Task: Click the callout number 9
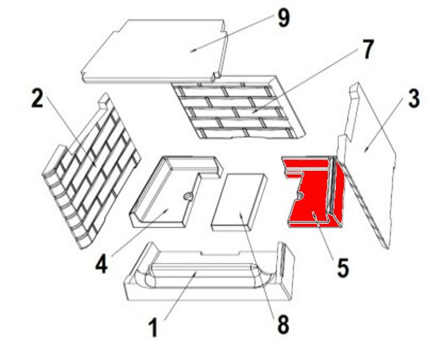(284, 18)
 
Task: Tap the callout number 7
(368, 49)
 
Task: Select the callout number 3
(414, 99)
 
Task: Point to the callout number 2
(38, 99)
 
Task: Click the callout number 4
(101, 264)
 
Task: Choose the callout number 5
(343, 268)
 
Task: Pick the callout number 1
(153, 328)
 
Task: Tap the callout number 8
(283, 324)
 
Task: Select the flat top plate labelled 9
(154, 51)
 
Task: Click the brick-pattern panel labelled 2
(91, 170)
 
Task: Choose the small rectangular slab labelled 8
(239, 202)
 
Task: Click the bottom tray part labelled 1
(209, 272)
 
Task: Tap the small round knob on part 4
(187, 196)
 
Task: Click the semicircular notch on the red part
(300, 196)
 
